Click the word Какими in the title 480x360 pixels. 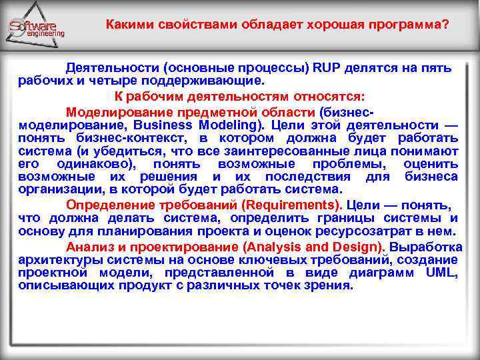click(129, 24)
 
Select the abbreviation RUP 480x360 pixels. click(329, 68)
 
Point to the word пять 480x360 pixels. click(436, 68)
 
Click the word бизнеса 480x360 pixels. click(431, 177)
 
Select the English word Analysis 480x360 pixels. click(259, 247)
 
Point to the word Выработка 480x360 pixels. click(426, 247)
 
